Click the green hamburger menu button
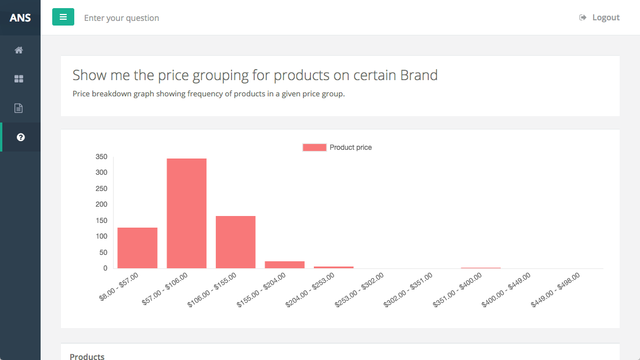(63, 17)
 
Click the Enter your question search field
(121, 18)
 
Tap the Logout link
(600, 17)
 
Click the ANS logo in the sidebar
(20, 17)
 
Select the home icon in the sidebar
(19, 50)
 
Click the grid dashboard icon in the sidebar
(19, 79)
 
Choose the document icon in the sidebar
(19, 108)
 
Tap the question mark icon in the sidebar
(20, 137)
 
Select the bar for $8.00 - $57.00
(138, 248)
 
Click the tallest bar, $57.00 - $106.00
(187, 213)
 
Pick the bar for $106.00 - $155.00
(236, 242)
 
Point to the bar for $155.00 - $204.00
(284, 265)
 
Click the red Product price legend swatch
(314, 147)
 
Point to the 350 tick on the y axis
(102, 157)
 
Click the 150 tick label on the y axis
(102, 221)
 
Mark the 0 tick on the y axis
(105, 268)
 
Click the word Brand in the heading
(418, 75)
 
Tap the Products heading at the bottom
(87, 356)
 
